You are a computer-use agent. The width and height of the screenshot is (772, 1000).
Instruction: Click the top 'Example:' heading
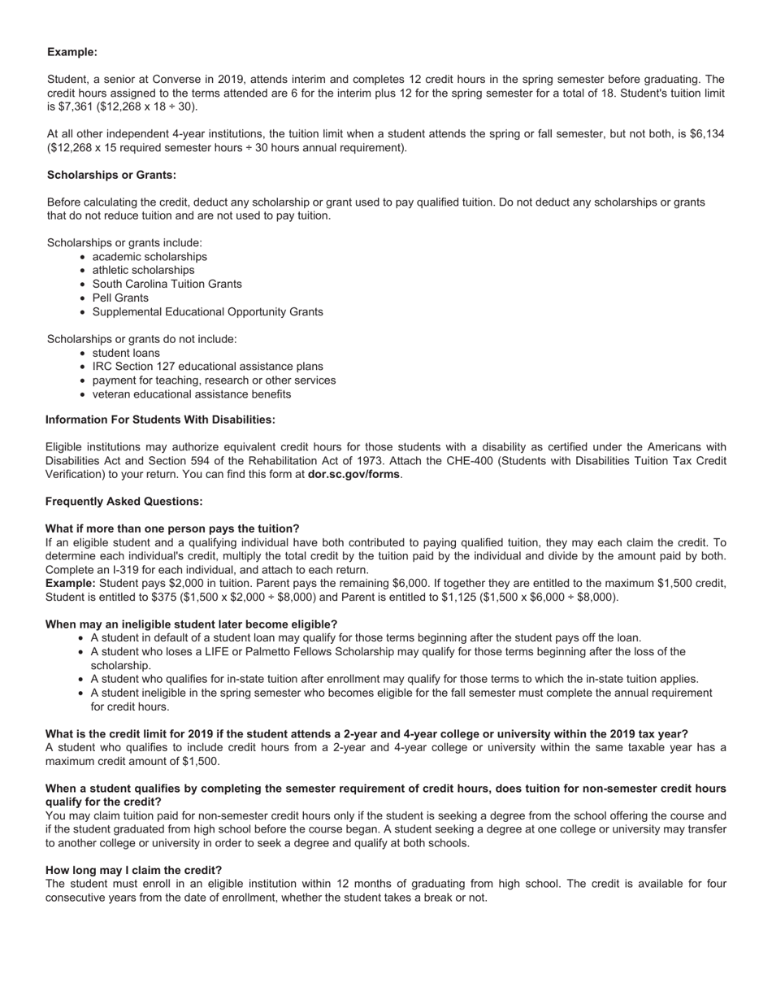click(x=72, y=52)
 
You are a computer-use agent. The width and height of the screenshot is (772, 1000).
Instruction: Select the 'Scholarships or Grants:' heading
click(x=111, y=175)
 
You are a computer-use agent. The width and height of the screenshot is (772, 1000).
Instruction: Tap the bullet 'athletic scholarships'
click(x=143, y=270)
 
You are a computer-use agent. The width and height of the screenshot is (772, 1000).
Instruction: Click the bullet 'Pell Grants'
click(x=120, y=298)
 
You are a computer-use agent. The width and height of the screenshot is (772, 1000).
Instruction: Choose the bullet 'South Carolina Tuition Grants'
click(x=167, y=284)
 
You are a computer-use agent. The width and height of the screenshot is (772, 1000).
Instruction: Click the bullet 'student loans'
click(x=126, y=353)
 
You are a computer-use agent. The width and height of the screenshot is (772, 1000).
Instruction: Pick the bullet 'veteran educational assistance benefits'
click(x=191, y=394)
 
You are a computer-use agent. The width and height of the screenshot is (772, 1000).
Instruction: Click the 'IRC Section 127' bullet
click(x=207, y=367)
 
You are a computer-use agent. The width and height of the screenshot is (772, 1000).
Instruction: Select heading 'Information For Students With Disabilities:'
click(x=160, y=420)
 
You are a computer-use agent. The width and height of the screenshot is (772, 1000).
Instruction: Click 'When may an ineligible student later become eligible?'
click(x=191, y=624)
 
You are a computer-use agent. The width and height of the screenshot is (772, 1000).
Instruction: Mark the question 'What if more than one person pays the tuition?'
click(x=172, y=528)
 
